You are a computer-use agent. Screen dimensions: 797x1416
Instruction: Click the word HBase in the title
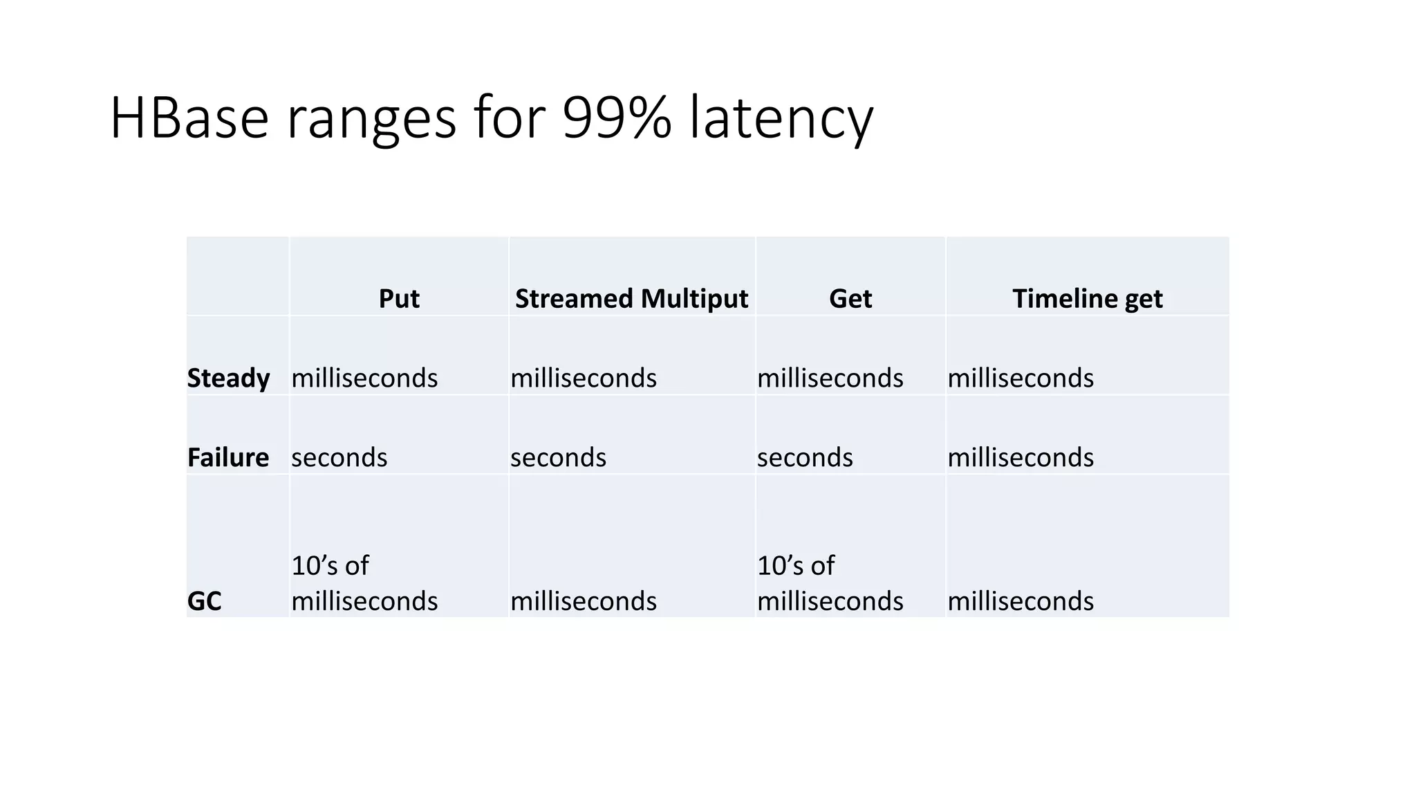189,118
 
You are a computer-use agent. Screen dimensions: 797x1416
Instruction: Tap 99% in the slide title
617,118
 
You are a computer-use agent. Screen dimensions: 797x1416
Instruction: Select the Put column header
399,299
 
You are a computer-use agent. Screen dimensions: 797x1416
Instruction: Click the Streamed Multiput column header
631,299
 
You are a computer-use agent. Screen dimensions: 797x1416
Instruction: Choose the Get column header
850,299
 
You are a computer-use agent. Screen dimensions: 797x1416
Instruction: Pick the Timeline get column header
1087,299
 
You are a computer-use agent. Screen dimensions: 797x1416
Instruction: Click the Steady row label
228,378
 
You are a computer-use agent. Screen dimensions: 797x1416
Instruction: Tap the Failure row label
227,457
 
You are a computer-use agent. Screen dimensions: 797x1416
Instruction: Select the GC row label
204,601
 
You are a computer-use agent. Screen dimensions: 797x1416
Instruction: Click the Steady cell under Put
364,378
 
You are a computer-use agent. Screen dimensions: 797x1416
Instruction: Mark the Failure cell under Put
339,457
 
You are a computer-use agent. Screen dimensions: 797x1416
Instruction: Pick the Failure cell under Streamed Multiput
558,457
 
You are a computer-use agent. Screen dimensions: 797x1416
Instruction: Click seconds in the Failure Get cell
805,457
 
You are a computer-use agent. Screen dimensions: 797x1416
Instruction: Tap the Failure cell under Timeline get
1021,457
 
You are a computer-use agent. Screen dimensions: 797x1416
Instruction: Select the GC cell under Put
364,584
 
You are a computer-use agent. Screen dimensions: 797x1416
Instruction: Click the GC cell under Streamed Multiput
584,601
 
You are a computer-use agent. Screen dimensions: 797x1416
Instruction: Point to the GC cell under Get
830,584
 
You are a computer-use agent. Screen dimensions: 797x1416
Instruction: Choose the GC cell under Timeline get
1021,601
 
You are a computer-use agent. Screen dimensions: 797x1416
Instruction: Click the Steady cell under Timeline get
1021,378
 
